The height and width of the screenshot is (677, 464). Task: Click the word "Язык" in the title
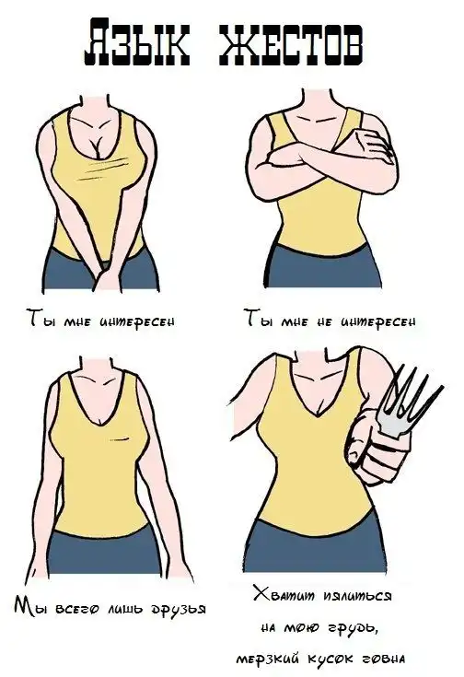pos(136,41)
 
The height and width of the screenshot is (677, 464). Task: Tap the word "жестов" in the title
pos(290,41)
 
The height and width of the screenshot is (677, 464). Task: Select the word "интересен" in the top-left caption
pos(137,321)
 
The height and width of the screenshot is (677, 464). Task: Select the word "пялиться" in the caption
pos(358,597)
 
